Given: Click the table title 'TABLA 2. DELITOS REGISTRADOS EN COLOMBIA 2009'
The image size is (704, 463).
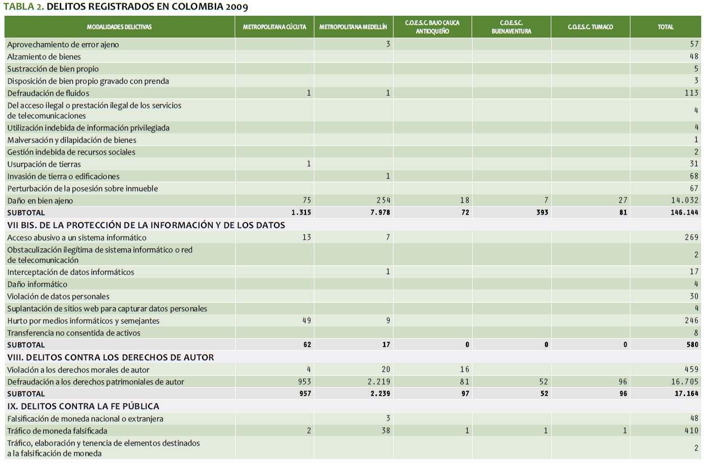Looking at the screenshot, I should point(126,7).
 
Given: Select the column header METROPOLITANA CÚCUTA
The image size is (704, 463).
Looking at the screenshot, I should point(275,27).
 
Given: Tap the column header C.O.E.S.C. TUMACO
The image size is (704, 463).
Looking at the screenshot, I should point(590,27).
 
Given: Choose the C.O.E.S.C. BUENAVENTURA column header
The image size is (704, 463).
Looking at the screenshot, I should point(511,27).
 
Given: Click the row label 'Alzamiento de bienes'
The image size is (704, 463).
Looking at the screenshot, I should point(44,57).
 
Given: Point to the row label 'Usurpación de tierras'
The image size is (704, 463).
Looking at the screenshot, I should point(44,164).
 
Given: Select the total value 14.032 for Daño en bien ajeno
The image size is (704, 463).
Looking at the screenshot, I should point(681,201).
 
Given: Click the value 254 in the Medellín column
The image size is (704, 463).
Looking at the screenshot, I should point(383,201).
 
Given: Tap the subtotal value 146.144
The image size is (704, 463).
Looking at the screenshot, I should point(681,213).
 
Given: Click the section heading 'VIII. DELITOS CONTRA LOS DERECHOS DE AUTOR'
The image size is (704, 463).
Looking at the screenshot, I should point(111,357).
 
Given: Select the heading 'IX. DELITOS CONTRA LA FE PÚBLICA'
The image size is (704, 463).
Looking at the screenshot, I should point(83,406).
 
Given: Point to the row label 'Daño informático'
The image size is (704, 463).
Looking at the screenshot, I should point(37,284).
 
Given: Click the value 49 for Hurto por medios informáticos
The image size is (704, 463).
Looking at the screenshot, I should point(305,321).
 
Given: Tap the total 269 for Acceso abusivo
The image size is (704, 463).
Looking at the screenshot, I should point(690,238).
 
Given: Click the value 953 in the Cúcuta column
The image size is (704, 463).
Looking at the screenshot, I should point(303,382).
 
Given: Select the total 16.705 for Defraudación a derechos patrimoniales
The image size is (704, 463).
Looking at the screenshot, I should point(683,382).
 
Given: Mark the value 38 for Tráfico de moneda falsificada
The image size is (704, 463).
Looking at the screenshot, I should point(385,431).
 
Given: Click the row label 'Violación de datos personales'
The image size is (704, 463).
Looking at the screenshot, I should point(58,297).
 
